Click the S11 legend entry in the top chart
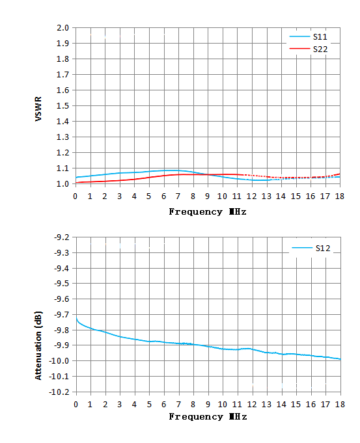click(x=309, y=36)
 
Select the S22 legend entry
click(x=309, y=49)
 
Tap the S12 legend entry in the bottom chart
click(x=311, y=248)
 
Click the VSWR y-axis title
click(x=38, y=109)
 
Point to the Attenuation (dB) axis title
click(x=38, y=345)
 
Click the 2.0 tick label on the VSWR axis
click(x=62, y=28)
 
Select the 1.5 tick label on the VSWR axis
click(x=62, y=105)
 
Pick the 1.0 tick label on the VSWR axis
click(x=62, y=184)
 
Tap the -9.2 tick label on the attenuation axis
click(x=62, y=237)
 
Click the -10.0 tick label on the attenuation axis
click(x=59, y=361)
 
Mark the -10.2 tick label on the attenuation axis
click(x=59, y=392)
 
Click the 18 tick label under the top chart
click(x=340, y=196)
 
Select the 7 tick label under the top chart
click(x=178, y=196)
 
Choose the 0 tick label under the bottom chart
click(x=76, y=405)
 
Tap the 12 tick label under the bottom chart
click(x=252, y=405)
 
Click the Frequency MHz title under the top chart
click(x=208, y=211)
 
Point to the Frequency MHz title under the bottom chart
click(x=208, y=417)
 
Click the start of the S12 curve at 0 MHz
click(x=76, y=318)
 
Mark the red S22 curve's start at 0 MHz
click(x=76, y=183)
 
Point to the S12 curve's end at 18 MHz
click(x=340, y=359)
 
